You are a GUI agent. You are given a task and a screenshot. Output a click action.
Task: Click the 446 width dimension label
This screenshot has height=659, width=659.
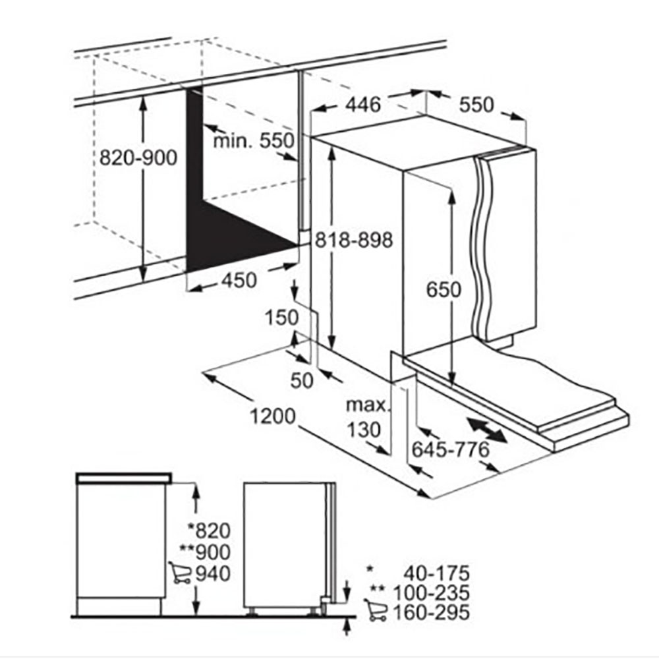click(x=363, y=105)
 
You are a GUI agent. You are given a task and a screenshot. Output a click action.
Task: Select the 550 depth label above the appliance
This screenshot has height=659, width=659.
click(x=476, y=105)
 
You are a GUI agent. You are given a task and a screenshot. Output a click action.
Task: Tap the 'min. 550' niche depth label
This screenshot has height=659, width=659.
click(x=254, y=140)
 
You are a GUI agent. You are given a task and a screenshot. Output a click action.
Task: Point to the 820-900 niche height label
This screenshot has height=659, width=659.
click(x=138, y=158)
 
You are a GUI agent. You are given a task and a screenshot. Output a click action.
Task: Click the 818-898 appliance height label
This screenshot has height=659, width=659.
click(x=354, y=240)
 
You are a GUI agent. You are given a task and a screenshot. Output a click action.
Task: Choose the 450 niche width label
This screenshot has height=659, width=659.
click(x=239, y=280)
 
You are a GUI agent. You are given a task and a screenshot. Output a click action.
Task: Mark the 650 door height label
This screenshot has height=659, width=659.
click(x=444, y=289)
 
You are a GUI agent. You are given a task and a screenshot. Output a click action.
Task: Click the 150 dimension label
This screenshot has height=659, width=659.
click(x=281, y=318)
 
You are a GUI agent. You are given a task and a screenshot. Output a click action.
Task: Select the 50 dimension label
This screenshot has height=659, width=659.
click(x=302, y=381)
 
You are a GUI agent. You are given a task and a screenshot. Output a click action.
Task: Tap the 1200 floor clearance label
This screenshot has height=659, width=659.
click(x=273, y=416)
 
